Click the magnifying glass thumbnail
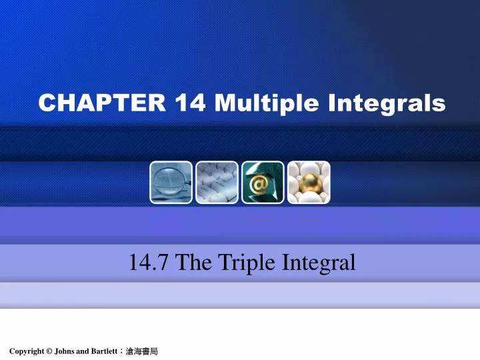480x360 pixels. point(171,182)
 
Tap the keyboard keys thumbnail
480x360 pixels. point(217,182)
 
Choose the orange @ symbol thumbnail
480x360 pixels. point(263,182)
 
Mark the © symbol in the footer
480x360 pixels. point(51,351)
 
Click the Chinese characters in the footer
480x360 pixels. point(142,351)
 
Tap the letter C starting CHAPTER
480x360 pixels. point(46,103)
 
